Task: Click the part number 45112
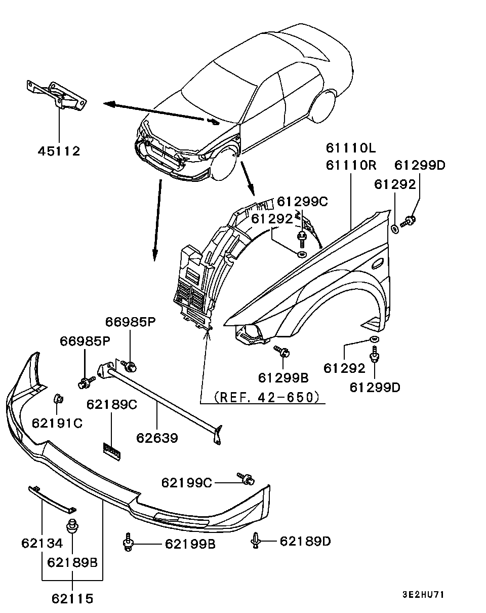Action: (59, 151)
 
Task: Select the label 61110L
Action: (351, 148)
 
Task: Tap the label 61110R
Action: (351, 165)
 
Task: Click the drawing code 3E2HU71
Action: (423, 595)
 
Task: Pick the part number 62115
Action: (72, 598)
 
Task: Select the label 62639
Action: (157, 437)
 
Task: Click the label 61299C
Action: (302, 201)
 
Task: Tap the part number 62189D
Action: (305, 542)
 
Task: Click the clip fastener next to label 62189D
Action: (256, 541)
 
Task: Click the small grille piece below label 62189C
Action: (112, 450)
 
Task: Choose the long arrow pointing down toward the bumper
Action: (156, 218)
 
